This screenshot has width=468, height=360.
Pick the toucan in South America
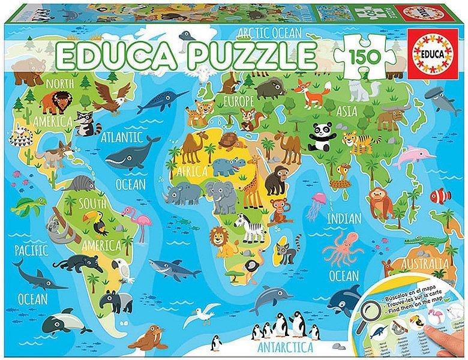(99, 224)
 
